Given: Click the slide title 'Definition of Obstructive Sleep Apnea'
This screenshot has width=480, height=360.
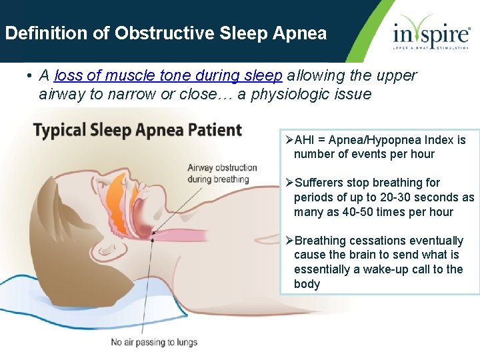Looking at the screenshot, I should click(x=166, y=33).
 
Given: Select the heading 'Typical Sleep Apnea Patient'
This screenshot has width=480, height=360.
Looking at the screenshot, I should click(x=138, y=129).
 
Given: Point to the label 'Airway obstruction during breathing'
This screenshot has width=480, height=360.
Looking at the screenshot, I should click(x=222, y=173).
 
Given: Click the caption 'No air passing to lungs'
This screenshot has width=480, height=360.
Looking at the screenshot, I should click(x=154, y=342).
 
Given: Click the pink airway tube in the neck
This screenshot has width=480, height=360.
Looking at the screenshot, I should click(x=193, y=235).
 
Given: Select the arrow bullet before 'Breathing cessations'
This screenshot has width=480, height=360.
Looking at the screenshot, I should click(x=289, y=241).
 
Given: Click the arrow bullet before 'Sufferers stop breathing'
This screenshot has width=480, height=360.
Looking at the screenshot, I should click(x=289, y=183).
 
